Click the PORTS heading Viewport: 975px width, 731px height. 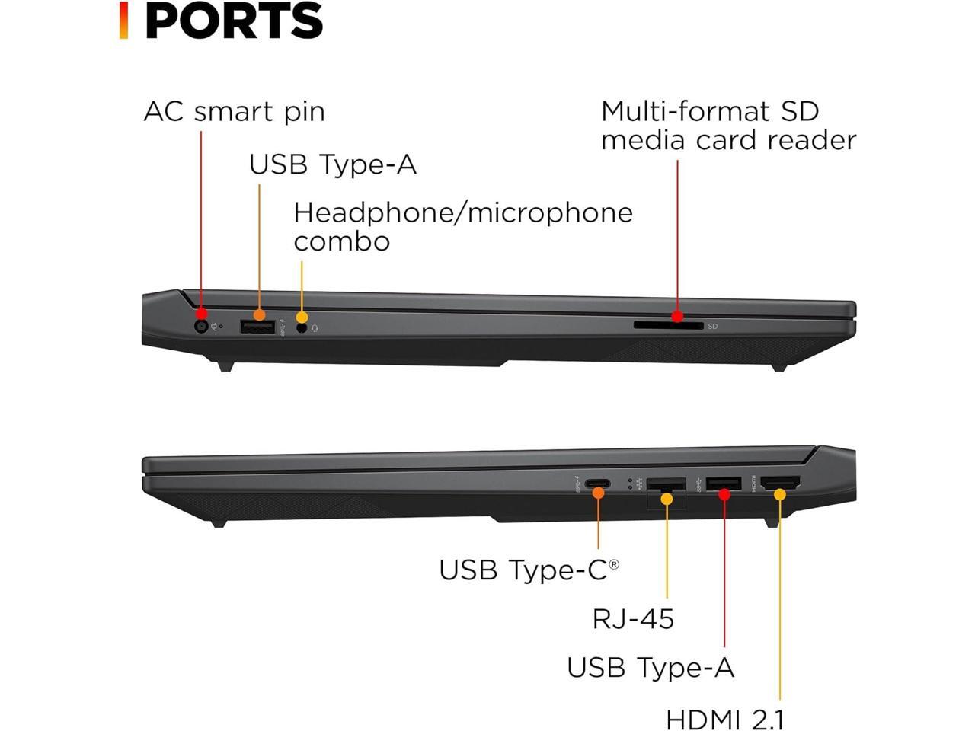(x=233, y=21)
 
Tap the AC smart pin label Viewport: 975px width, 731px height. (x=234, y=111)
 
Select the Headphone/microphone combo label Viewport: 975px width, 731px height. (x=462, y=226)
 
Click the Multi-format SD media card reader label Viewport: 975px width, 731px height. (x=728, y=126)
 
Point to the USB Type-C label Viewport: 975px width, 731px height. (x=529, y=570)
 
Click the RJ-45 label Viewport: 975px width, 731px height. (x=633, y=618)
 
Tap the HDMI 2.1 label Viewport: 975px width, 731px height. (x=724, y=719)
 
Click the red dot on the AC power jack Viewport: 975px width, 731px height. (x=201, y=314)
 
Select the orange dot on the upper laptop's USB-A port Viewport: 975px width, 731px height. (x=259, y=314)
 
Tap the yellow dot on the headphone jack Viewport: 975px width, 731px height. (x=302, y=318)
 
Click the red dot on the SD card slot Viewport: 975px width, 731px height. (x=677, y=317)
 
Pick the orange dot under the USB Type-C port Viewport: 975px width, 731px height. (x=598, y=493)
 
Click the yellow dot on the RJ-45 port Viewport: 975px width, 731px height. (x=667, y=499)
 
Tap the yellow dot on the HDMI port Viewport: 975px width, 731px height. (x=779, y=494)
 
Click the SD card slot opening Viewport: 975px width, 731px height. (x=668, y=326)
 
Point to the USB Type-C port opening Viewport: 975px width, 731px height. (x=596, y=483)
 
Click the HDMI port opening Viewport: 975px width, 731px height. (x=780, y=482)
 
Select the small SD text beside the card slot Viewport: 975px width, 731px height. (x=712, y=327)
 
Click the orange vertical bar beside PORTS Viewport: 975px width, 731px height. (x=123, y=21)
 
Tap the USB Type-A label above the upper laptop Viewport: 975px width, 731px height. (x=333, y=164)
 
